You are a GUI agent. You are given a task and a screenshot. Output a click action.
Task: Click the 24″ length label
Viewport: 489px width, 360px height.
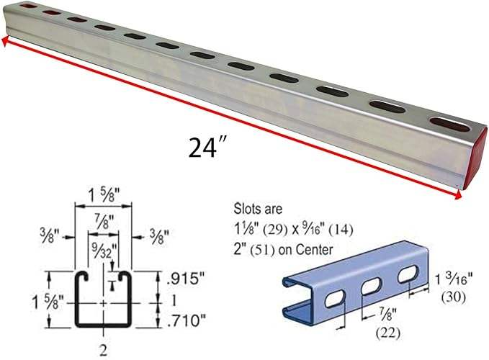207,148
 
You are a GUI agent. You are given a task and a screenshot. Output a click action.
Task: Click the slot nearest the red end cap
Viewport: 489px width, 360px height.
449,125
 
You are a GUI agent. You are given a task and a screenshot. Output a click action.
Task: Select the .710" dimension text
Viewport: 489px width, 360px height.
187,320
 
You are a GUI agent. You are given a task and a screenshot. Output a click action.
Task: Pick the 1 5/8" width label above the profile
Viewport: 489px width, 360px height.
104,196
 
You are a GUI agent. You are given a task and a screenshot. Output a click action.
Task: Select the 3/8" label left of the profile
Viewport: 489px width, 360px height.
50,236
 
